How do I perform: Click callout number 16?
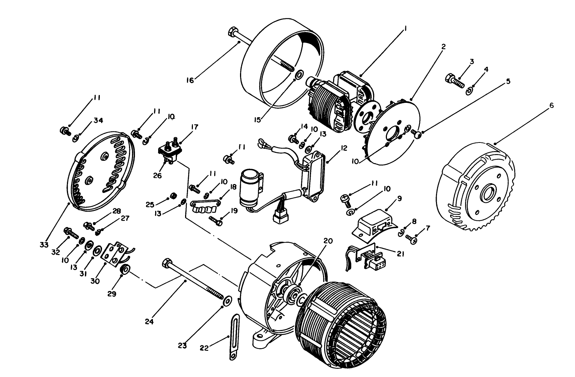tap(190, 80)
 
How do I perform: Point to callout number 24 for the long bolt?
tap(149, 321)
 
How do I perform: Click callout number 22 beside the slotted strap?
tap(204, 348)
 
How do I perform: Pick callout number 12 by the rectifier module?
tap(344, 148)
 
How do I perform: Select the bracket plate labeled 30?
tap(116, 253)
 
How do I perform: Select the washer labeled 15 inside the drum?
tap(298, 74)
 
